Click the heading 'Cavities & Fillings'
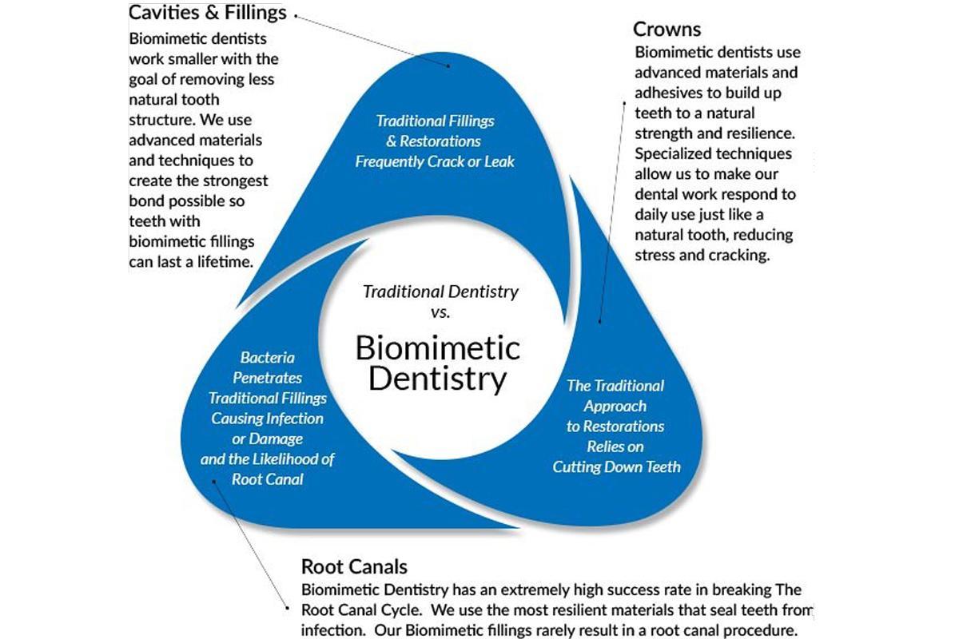(208, 14)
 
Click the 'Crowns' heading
(667, 30)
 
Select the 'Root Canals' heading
(354, 567)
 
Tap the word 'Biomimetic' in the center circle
(437, 348)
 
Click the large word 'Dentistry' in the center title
(437, 379)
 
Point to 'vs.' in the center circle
(440, 312)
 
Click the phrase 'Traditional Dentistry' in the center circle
(440, 292)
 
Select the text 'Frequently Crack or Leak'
(435, 161)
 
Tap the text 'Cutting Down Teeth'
(616, 466)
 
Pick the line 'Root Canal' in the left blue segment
(267, 479)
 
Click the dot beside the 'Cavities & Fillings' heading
(296, 14)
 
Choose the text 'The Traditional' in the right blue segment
(615, 385)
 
